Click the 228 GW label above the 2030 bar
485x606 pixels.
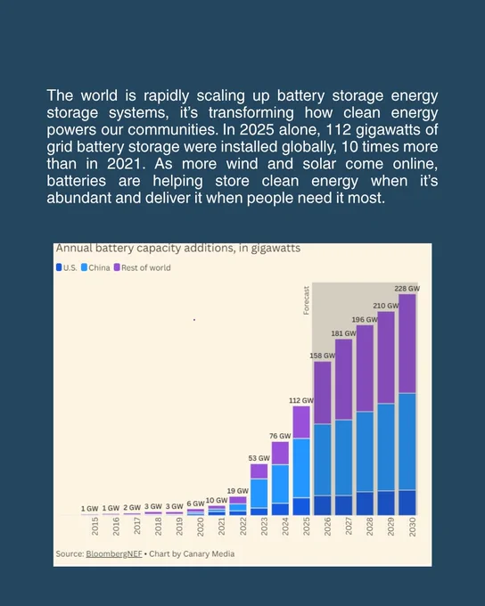407,289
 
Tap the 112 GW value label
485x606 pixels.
301,400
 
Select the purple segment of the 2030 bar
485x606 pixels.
407,344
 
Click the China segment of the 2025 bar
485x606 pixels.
301,468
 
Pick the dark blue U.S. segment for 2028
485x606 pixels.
365,504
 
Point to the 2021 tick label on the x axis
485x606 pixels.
221,527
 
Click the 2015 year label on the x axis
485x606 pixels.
95,527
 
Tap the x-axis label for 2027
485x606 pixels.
348,527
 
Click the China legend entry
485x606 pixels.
95,267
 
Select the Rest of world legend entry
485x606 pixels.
142,267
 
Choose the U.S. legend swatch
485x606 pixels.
59,267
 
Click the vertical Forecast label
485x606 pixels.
307,300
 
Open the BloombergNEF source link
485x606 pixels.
114,553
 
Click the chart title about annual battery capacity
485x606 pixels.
178,248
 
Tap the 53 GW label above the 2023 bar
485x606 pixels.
259,458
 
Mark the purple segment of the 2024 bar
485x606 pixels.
281,453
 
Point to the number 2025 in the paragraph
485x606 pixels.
257,129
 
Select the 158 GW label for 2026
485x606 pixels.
322,356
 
